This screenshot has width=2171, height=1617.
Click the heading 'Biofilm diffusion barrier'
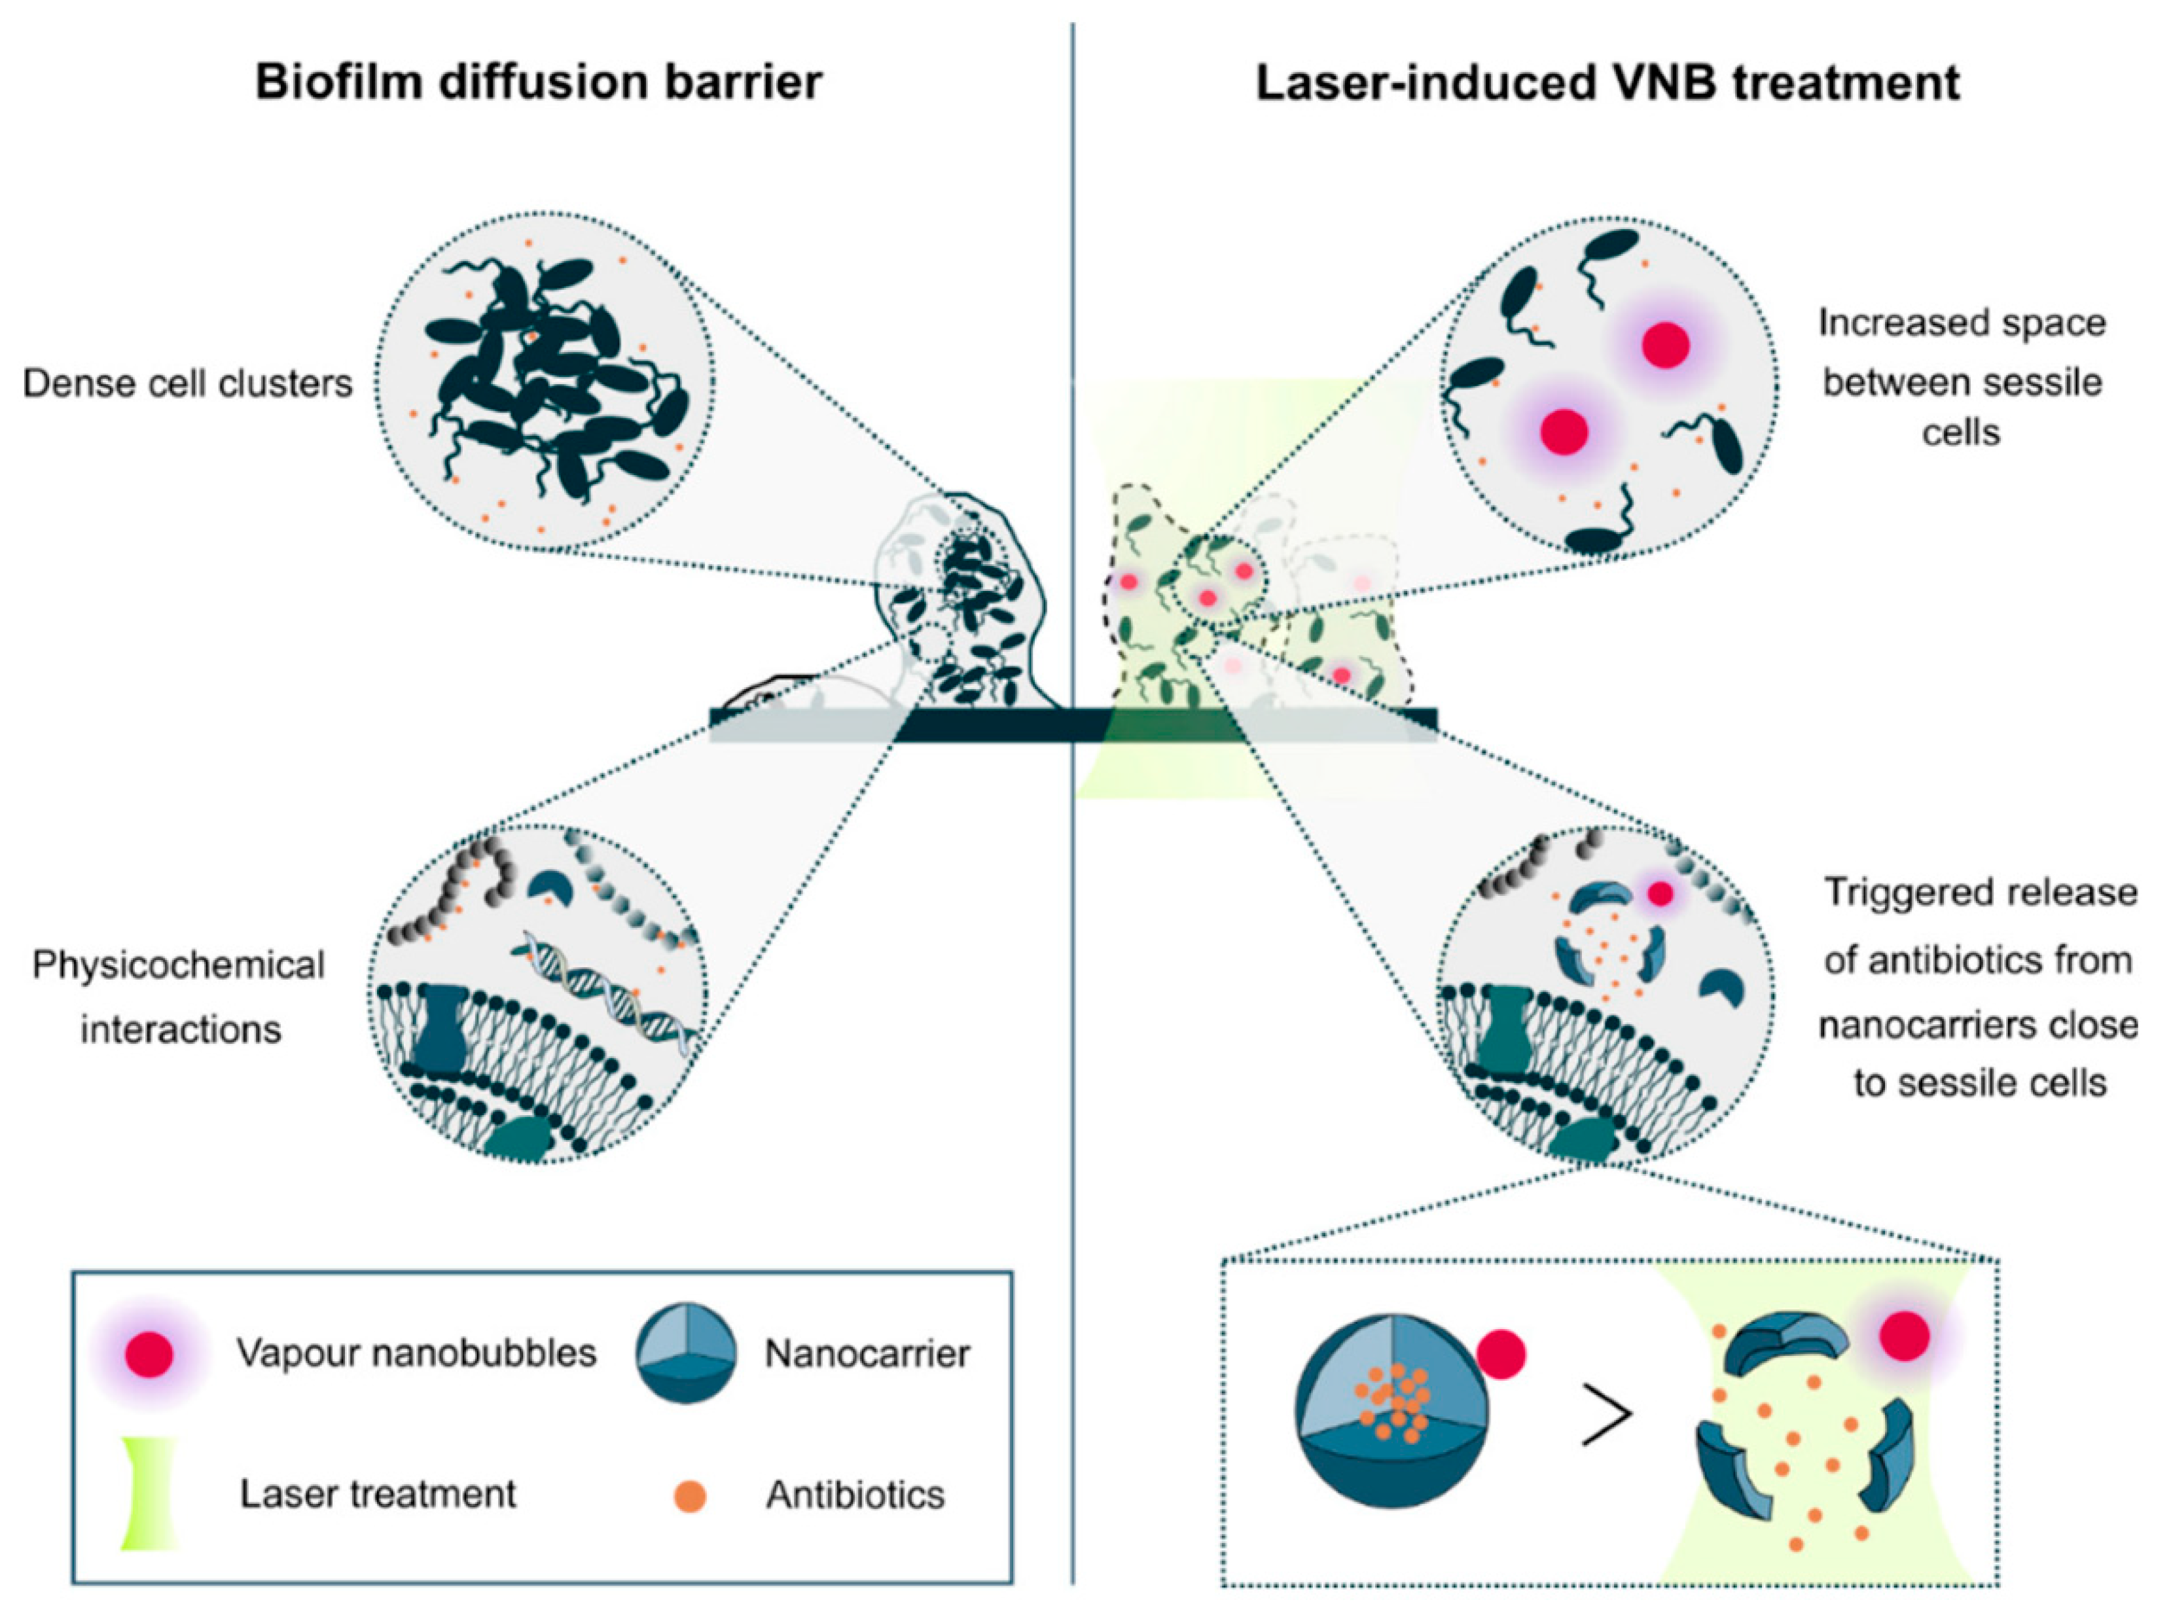pyautogui.click(x=539, y=82)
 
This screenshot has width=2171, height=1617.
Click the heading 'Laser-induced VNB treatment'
pyautogui.click(x=1607, y=82)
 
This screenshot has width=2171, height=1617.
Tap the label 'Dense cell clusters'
pyautogui.click(x=187, y=383)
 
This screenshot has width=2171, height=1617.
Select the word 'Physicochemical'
pyautogui.click(x=178, y=965)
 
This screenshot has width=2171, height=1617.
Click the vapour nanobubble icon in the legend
pyautogui.click(x=149, y=1355)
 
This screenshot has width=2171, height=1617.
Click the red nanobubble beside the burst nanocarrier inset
pyautogui.click(x=1905, y=1336)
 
